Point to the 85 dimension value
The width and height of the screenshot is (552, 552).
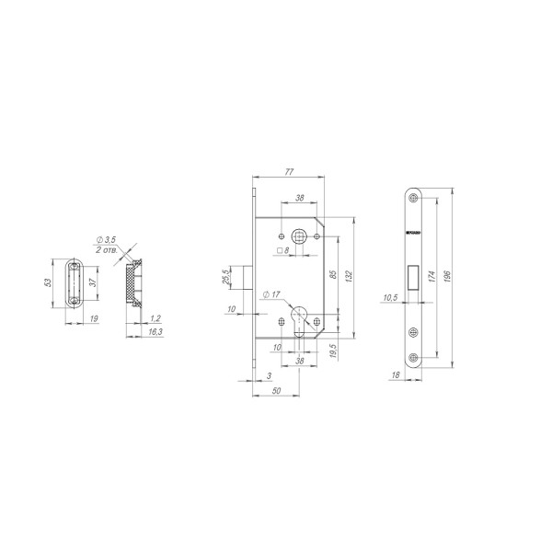point(333,274)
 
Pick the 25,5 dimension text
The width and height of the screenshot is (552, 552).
point(226,275)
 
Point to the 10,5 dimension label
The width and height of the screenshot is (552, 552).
point(389,297)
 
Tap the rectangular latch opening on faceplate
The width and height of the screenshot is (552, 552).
point(413,276)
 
